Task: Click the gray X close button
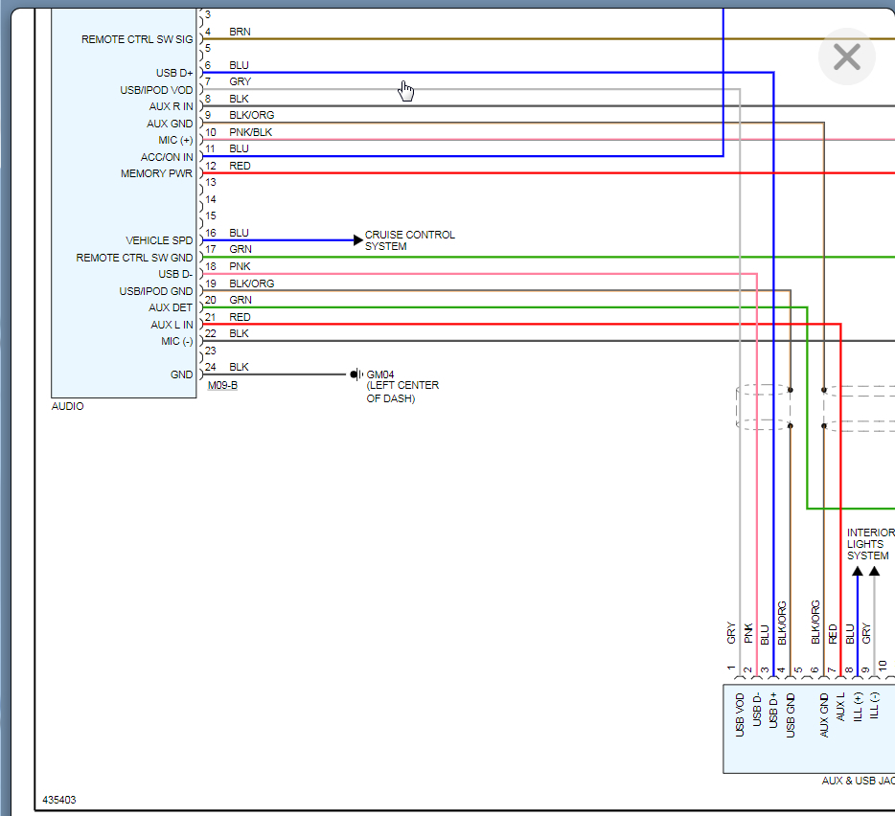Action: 847,57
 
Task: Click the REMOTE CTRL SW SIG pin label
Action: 137,39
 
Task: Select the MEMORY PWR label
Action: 156,173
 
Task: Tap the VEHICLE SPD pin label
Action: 159,240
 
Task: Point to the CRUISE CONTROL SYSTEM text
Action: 409,240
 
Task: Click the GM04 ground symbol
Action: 355,374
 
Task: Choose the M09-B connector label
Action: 222,386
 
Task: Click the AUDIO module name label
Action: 67,406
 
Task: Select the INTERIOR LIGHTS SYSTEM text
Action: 870,544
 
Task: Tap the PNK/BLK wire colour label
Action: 251,132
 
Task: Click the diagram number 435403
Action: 58,800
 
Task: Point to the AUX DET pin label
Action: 171,307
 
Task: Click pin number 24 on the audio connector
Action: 211,367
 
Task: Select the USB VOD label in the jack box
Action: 740,715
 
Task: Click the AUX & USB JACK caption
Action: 858,781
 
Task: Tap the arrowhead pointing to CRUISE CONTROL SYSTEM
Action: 358,240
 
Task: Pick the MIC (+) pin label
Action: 173,140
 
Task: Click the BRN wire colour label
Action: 240,32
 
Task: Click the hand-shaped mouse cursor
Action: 406,90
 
